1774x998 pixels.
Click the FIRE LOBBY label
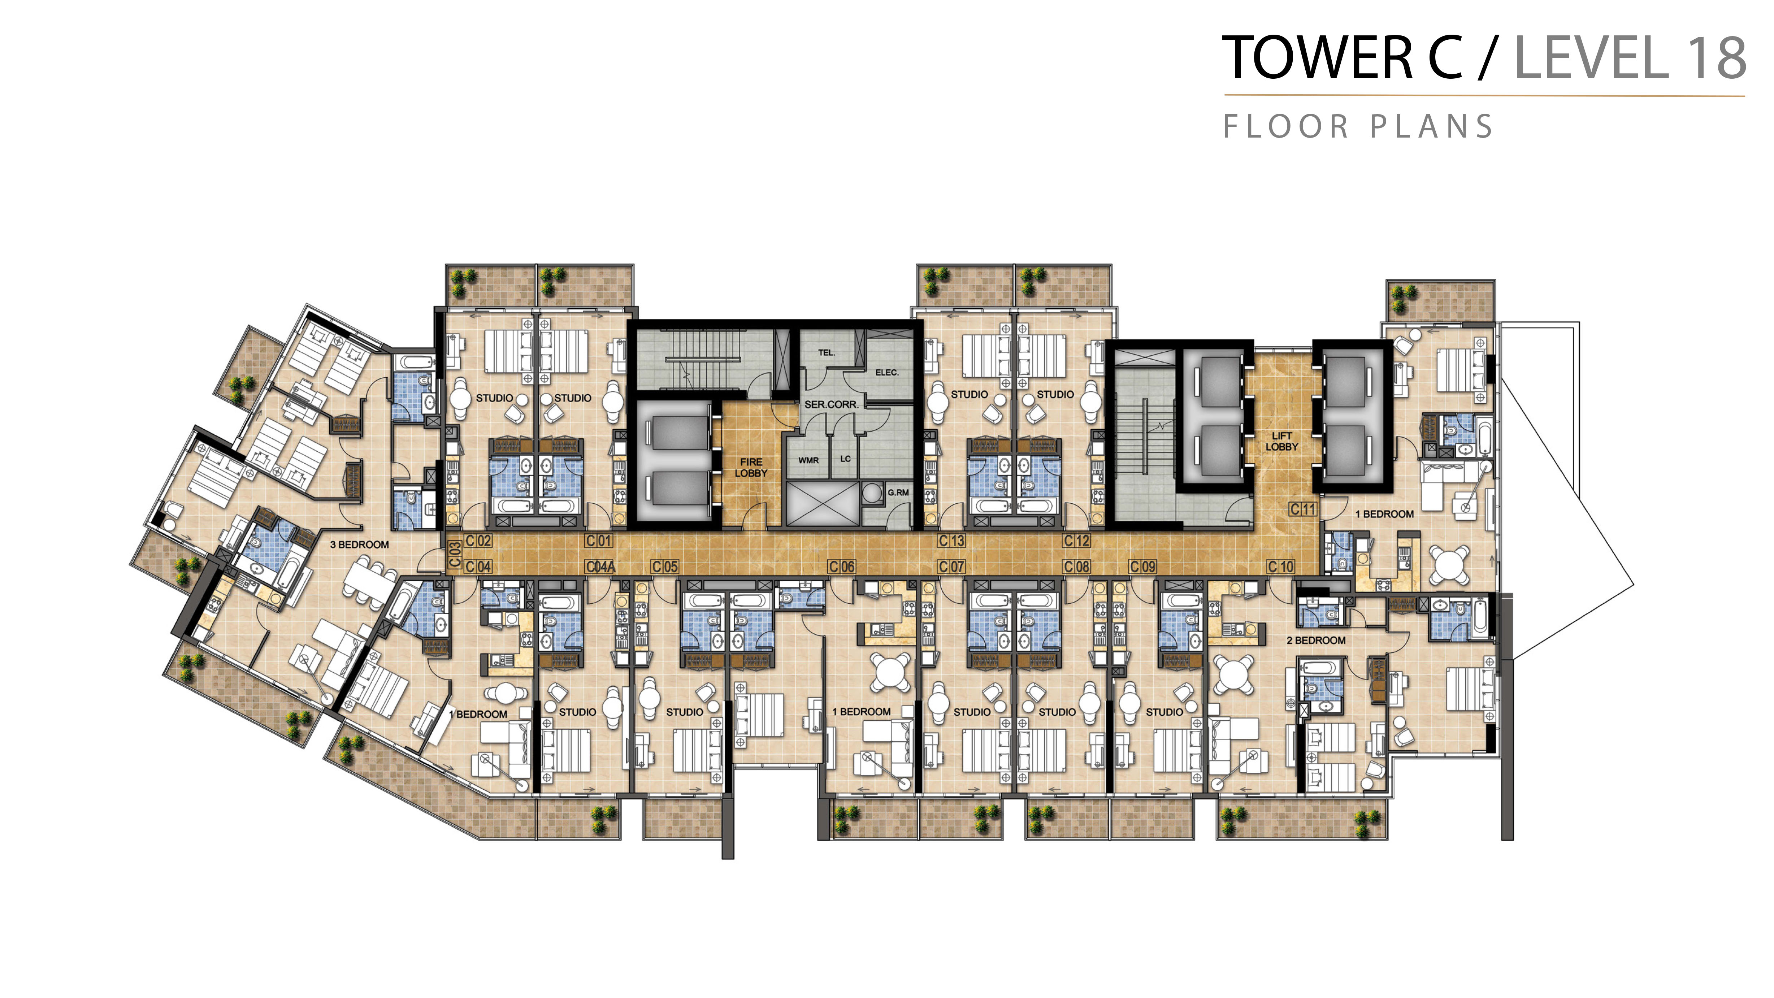[x=751, y=468]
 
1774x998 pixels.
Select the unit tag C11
[x=1303, y=510]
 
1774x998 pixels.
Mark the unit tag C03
[x=455, y=555]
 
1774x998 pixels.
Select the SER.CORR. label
[x=831, y=404]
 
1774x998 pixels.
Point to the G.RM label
[x=898, y=493]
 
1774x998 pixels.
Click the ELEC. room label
[x=887, y=373]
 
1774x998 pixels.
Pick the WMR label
[x=808, y=460]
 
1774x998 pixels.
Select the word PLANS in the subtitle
[x=1431, y=127]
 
